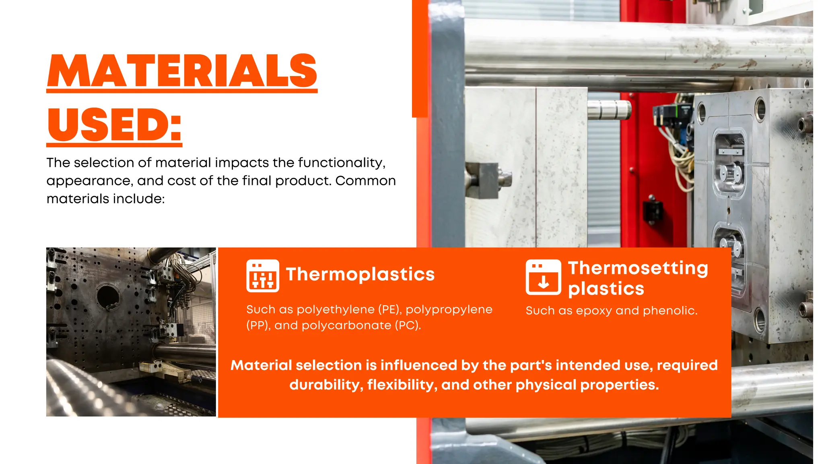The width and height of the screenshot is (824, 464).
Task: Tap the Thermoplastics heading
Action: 360,274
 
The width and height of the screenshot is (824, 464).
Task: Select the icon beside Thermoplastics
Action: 262,276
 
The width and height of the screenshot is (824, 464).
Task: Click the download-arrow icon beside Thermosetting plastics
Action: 543,277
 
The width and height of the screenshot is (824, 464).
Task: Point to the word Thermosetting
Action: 638,268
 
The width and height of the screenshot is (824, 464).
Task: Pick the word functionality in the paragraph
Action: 341,163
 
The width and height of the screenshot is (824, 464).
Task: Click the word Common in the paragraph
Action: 365,181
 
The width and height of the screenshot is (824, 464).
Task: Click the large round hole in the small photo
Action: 108,296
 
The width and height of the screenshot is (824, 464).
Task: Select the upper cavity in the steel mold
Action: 729,165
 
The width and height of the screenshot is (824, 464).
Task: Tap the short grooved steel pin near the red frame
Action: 609,110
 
